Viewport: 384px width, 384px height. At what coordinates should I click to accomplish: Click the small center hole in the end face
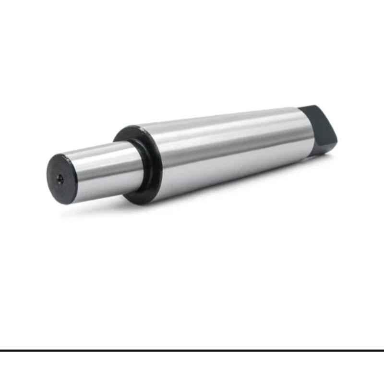click(59, 179)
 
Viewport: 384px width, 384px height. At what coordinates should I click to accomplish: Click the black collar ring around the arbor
click(136, 163)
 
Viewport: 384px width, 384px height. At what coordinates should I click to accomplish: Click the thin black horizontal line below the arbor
click(192, 351)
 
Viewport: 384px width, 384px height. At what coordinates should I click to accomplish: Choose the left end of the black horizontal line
click(1, 351)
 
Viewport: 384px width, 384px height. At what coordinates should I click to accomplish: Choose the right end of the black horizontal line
click(383, 351)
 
